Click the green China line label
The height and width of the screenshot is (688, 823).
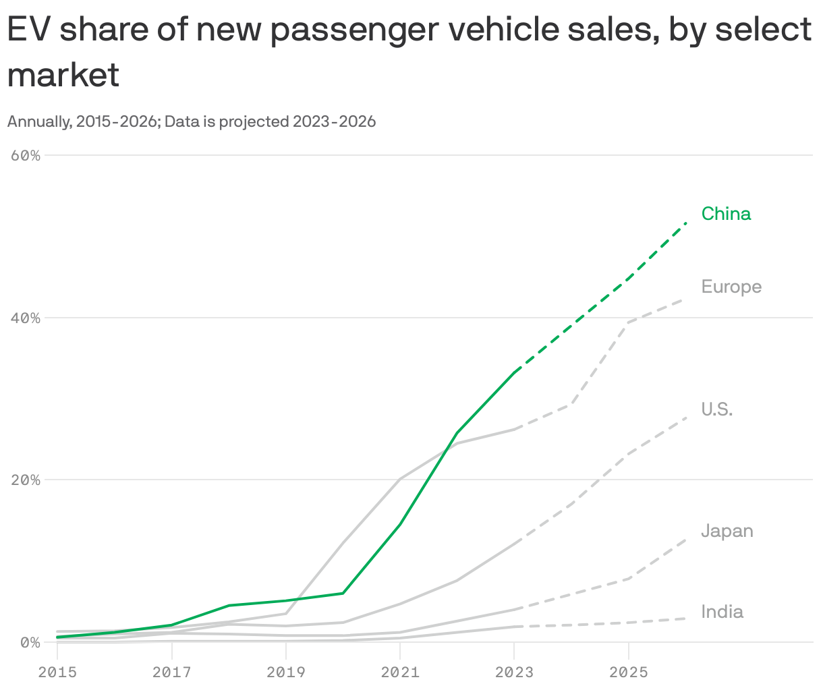pyautogui.click(x=726, y=214)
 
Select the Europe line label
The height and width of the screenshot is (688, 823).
pyautogui.click(x=731, y=287)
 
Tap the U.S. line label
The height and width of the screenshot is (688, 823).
pyautogui.click(x=716, y=409)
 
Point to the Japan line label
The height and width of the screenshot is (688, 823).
pyautogui.click(x=727, y=531)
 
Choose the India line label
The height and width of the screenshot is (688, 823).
pyautogui.click(x=722, y=612)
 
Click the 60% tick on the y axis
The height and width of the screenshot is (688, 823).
pyautogui.click(x=26, y=155)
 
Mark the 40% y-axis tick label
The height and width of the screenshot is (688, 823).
pyautogui.click(x=26, y=318)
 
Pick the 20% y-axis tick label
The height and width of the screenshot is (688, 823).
pyautogui.click(x=26, y=480)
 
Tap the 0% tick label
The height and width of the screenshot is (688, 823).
pyautogui.click(x=30, y=643)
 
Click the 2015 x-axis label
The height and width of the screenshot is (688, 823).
pyautogui.click(x=57, y=672)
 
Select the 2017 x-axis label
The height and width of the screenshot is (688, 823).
pyautogui.click(x=171, y=672)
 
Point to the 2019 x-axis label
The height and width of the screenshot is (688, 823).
pyautogui.click(x=286, y=672)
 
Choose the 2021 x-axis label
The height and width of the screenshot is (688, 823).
pyautogui.click(x=400, y=672)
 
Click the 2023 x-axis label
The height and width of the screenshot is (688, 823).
pyautogui.click(x=514, y=672)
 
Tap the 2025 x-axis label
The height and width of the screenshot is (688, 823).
pyautogui.click(x=628, y=672)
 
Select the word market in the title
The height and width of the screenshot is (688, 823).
pyautogui.click(x=63, y=74)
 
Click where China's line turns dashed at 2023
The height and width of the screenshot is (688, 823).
pyautogui.click(x=515, y=372)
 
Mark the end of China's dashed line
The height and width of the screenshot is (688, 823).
pyautogui.click(x=685, y=223)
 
